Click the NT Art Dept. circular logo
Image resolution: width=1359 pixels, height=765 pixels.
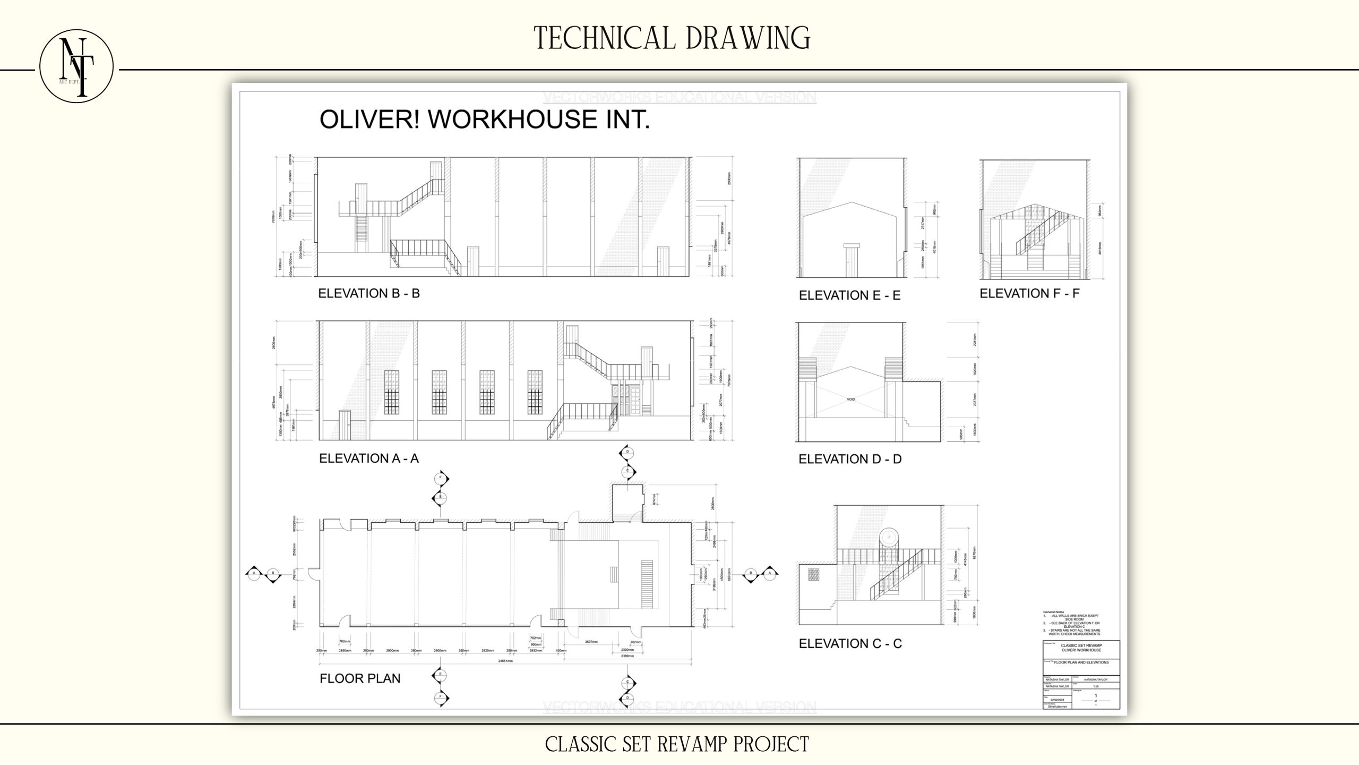[x=76, y=66]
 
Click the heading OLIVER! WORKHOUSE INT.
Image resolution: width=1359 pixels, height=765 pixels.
[x=484, y=120]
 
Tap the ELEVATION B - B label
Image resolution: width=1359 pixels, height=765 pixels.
[x=369, y=294]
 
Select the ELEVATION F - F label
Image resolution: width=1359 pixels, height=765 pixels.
[x=1029, y=294]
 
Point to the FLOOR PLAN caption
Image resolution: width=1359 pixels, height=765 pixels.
[x=360, y=678]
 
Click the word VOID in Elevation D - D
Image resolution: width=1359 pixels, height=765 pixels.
[x=850, y=399]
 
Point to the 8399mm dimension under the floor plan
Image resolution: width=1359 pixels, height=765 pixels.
[x=627, y=656]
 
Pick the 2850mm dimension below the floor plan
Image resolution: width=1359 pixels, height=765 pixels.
[x=345, y=650]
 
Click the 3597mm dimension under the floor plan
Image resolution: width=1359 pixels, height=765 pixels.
[x=591, y=642]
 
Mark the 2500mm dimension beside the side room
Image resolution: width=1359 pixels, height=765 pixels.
[x=713, y=503]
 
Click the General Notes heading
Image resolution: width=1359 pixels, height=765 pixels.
[x=1053, y=612]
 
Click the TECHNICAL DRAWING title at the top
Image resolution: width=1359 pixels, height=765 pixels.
[x=672, y=38]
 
